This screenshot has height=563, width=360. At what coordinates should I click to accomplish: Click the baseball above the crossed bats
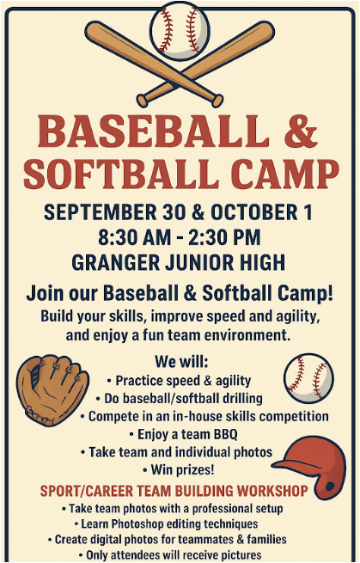click(180, 30)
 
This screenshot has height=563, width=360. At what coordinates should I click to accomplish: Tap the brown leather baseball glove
click(52, 390)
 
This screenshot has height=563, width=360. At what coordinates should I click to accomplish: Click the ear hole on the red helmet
click(329, 487)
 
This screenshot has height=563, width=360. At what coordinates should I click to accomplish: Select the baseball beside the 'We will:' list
click(308, 378)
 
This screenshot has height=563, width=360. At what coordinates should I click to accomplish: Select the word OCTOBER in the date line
click(253, 211)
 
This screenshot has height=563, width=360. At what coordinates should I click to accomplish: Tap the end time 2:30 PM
click(224, 237)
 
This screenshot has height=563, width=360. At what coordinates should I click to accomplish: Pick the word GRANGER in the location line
click(116, 262)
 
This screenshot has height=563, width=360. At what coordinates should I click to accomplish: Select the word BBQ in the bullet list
click(226, 434)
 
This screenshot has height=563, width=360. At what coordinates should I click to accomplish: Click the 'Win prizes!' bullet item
click(179, 469)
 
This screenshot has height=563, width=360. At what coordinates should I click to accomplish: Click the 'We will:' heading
click(181, 362)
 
